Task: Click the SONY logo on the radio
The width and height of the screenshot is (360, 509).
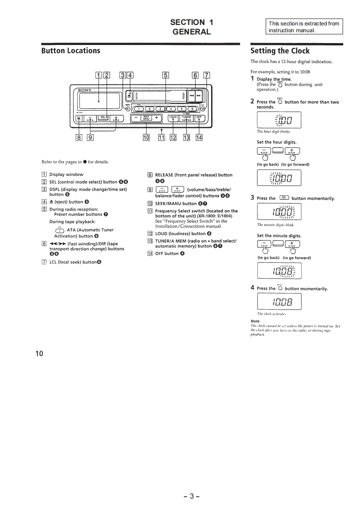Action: pyautogui.click(x=84, y=90)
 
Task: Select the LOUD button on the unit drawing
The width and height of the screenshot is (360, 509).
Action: pyautogui.click(x=173, y=118)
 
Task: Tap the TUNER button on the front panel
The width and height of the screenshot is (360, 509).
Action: pyautogui.click(x=187, y=118)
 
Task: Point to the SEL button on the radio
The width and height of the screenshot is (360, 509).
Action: pyautogui.click(x=103, y=118)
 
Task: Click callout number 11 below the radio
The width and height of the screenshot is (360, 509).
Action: pyautogui.click(x=162, y=138)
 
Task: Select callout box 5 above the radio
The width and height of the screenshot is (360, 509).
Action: pyautogui.click(x=166, y=75)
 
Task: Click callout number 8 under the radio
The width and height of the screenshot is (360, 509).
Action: pyautogui.click(x=79, y=138)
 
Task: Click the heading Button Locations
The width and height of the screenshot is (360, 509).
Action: pyautogui.click(x=70, y=50)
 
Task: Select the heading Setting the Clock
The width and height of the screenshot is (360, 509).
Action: pyautogui.click(x=280, y=51)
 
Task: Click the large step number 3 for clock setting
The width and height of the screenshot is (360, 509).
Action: pyautogui.click(x=252, y=198)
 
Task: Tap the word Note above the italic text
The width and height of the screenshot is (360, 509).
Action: pyautogui.click(x=255, y=321)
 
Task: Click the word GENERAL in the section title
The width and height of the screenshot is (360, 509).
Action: pyautogui.click(x=192, y=32)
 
